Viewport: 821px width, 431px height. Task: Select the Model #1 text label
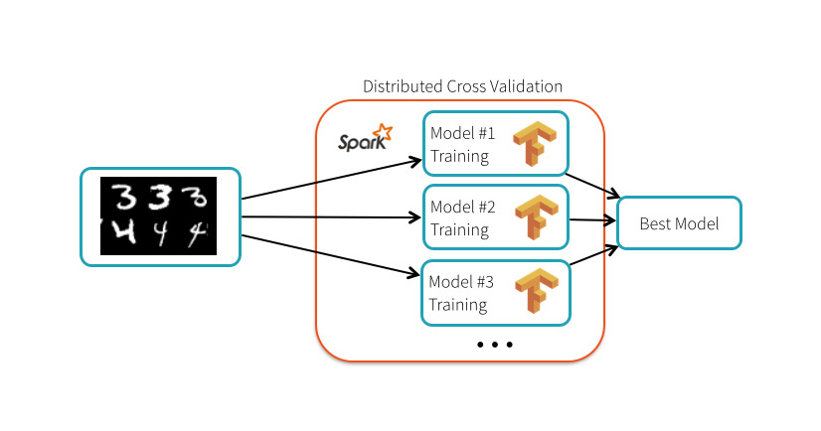click(x=462, y=133)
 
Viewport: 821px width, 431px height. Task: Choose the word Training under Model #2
click(x=459, y=229)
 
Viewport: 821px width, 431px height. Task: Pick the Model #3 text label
click(x=462, y=282)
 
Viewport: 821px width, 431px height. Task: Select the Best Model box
click(x=680, y=223)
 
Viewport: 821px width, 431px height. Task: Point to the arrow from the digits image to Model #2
click(x=328, y=216)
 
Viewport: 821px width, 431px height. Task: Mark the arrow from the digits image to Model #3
click(x=328, y=256)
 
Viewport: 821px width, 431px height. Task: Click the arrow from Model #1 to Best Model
click(x=594, y=185)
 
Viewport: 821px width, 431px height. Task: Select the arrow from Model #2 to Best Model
click(x=593, y=219)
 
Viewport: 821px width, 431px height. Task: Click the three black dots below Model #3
click(x=494, y=345)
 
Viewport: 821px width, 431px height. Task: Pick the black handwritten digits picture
click(x=159, y=216)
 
